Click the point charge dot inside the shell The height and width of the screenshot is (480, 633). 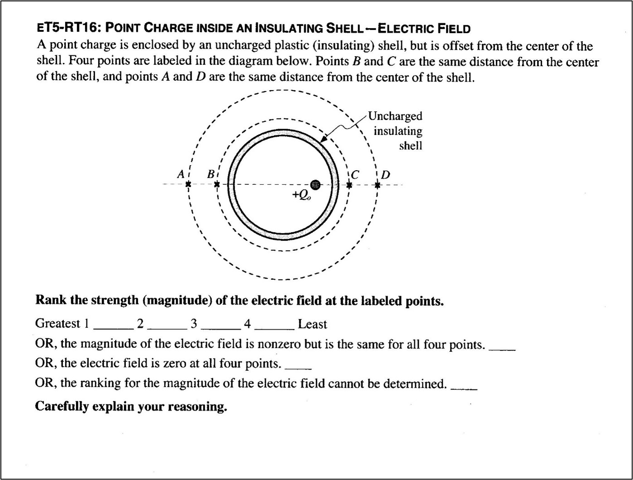coord(315,184)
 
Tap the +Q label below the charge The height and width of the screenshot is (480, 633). coord(302,195)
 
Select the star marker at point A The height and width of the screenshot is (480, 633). coord(188,184)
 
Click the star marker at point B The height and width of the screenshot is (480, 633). coord(217,184)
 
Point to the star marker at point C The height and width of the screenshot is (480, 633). coord(349,185)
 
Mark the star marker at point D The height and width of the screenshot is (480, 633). coord(378,185)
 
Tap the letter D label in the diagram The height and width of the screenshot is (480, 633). coord(385,175)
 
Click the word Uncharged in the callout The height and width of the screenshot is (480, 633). coord(395,116)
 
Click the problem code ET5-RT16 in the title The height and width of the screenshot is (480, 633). coord(67,29)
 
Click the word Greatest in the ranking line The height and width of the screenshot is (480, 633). coord(58,324)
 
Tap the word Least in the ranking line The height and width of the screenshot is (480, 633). coord(312,324)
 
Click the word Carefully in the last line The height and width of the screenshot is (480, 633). coord(62,406)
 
